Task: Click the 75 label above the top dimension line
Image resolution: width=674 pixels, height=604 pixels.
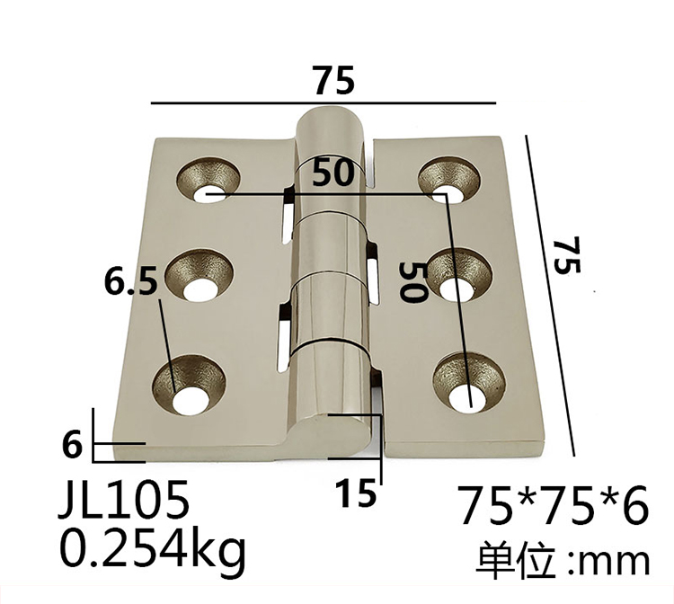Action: [334, 81]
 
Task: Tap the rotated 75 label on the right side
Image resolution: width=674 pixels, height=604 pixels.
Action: [566, 255]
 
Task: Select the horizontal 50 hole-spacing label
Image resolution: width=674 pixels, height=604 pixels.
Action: [333, 173]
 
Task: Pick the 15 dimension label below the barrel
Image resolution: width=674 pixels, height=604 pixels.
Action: [356, 493]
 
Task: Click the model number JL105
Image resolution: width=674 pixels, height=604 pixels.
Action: [123, 500]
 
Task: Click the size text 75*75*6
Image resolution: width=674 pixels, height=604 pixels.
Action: [552, 505]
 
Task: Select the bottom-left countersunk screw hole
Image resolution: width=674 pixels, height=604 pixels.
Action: [191, 388]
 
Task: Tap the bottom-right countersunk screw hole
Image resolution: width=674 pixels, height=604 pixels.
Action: [467, 388]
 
